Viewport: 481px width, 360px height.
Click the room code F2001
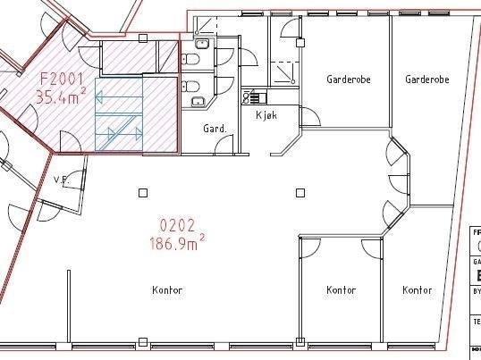(x=60, y=77)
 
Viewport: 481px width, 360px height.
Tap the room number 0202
(x=177, y=224)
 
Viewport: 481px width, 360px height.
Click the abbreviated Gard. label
(x=215, y=129)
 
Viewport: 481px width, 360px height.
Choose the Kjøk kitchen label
(x=267, y=116)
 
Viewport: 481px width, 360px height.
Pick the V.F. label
(x=62, y=180)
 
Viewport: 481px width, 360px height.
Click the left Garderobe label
(x=342, y=80)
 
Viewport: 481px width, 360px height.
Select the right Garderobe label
(x=426, y=80)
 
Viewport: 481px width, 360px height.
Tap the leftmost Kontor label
(x=167, y=290)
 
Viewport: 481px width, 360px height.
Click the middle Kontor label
(x=341, y=290)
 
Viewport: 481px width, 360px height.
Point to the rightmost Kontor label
(x=417, y=290)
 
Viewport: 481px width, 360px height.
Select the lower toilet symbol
(x=190, y=87)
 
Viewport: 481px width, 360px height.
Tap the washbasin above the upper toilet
(x=202, y=41)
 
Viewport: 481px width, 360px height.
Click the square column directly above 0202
(x=143, y=191)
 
